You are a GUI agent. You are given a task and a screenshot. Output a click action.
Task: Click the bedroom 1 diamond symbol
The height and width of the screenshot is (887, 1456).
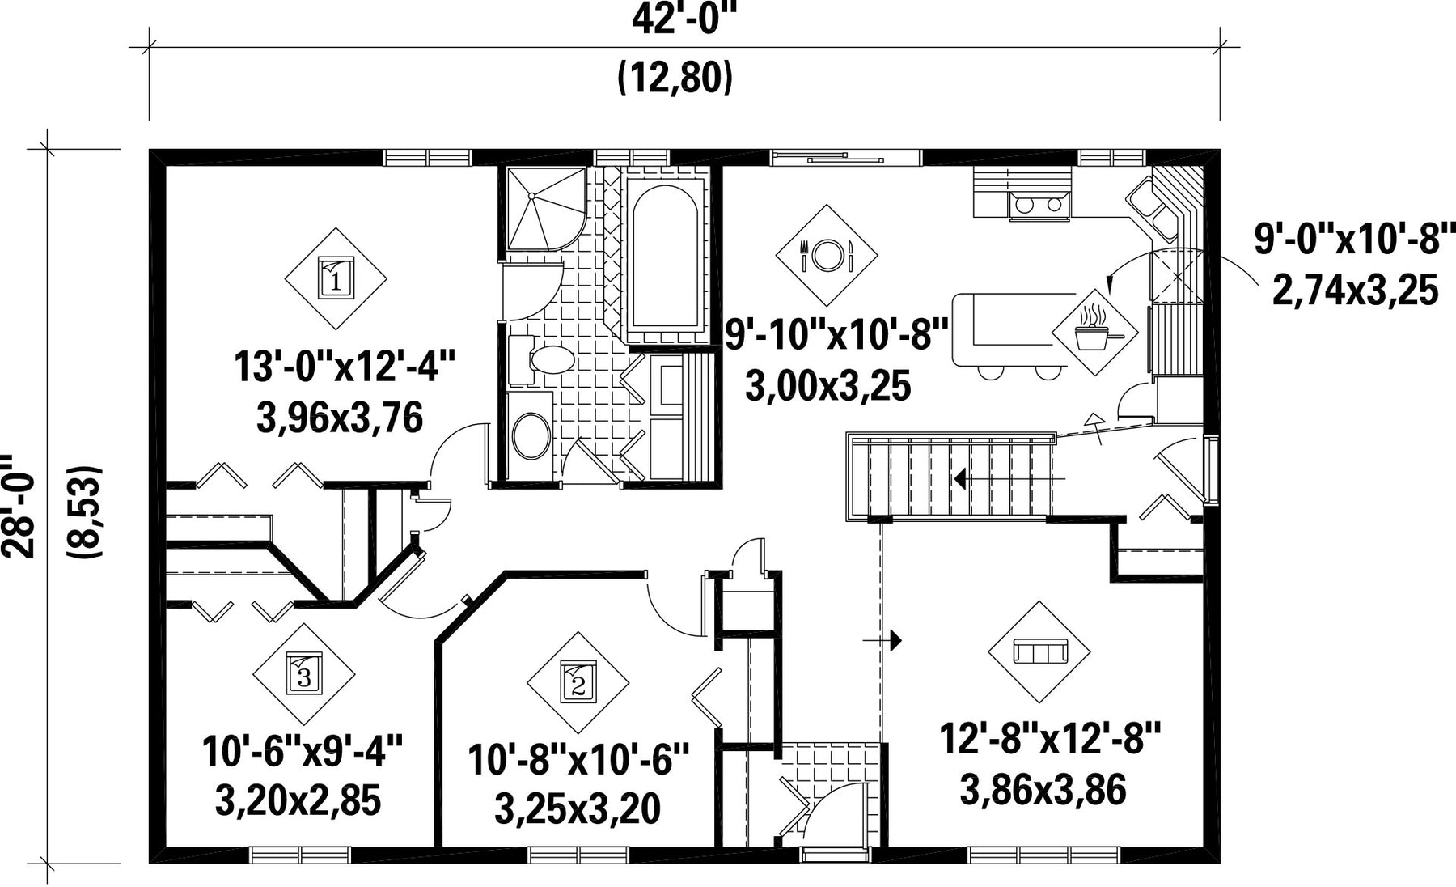tap(336, 278)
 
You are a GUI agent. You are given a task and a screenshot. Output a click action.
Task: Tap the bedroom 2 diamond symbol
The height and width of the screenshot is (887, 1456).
tap(578, 682)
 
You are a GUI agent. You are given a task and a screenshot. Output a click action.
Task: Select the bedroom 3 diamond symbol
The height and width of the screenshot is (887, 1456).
tap(303, 673)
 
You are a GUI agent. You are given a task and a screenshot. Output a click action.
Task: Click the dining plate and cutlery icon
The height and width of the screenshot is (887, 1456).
tap(827, 256)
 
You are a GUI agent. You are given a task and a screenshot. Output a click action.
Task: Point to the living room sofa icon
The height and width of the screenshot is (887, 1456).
tap(1040, 651)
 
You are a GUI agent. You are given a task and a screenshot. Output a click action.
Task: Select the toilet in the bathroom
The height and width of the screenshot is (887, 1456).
tap(544, 359)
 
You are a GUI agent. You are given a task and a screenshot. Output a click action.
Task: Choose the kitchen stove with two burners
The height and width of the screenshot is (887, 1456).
tap(1039, 205)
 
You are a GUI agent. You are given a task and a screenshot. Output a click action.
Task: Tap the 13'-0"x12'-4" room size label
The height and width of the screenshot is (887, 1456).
tap(345, 366)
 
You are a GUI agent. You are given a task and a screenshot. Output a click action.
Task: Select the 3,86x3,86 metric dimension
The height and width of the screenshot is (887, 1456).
tap(1043, 789)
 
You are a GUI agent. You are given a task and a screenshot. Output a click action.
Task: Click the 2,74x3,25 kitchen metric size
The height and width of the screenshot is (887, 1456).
tap(1356, 290)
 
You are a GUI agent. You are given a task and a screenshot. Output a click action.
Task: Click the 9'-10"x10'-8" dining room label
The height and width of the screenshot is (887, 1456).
tap(836, 333)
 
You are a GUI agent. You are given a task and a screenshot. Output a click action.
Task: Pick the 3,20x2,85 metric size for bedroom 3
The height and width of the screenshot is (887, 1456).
tap(298, 800)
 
